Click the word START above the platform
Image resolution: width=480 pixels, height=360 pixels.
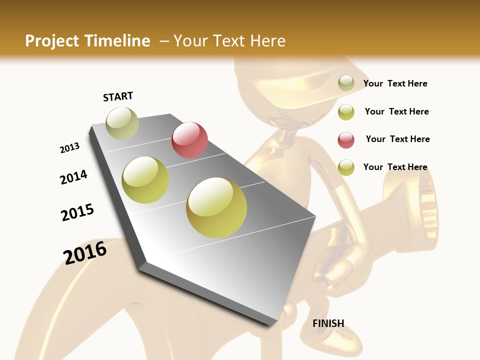pos(118,96)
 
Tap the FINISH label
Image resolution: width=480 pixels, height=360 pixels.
pos(328,323)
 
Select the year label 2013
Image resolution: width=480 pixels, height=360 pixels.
pos(70,147)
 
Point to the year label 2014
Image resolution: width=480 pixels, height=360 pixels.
pos(73,177)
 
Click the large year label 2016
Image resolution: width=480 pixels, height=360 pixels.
pos(85,253)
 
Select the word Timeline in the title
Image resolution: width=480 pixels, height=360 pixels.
pos(117,41)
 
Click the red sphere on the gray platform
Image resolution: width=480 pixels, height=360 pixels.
pos(189,140)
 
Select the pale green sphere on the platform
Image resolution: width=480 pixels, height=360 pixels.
pos(122,123)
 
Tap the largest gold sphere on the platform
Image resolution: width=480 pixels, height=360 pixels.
pos(216,207)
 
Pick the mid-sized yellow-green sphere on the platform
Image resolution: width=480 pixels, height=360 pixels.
pos(145,180)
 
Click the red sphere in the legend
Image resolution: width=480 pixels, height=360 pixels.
pos(346,140)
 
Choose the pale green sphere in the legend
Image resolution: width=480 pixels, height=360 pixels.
pos(346,83)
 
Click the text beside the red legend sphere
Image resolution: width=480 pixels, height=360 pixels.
pos(397,139)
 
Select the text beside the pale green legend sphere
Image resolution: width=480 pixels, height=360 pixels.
pos(395,83)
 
